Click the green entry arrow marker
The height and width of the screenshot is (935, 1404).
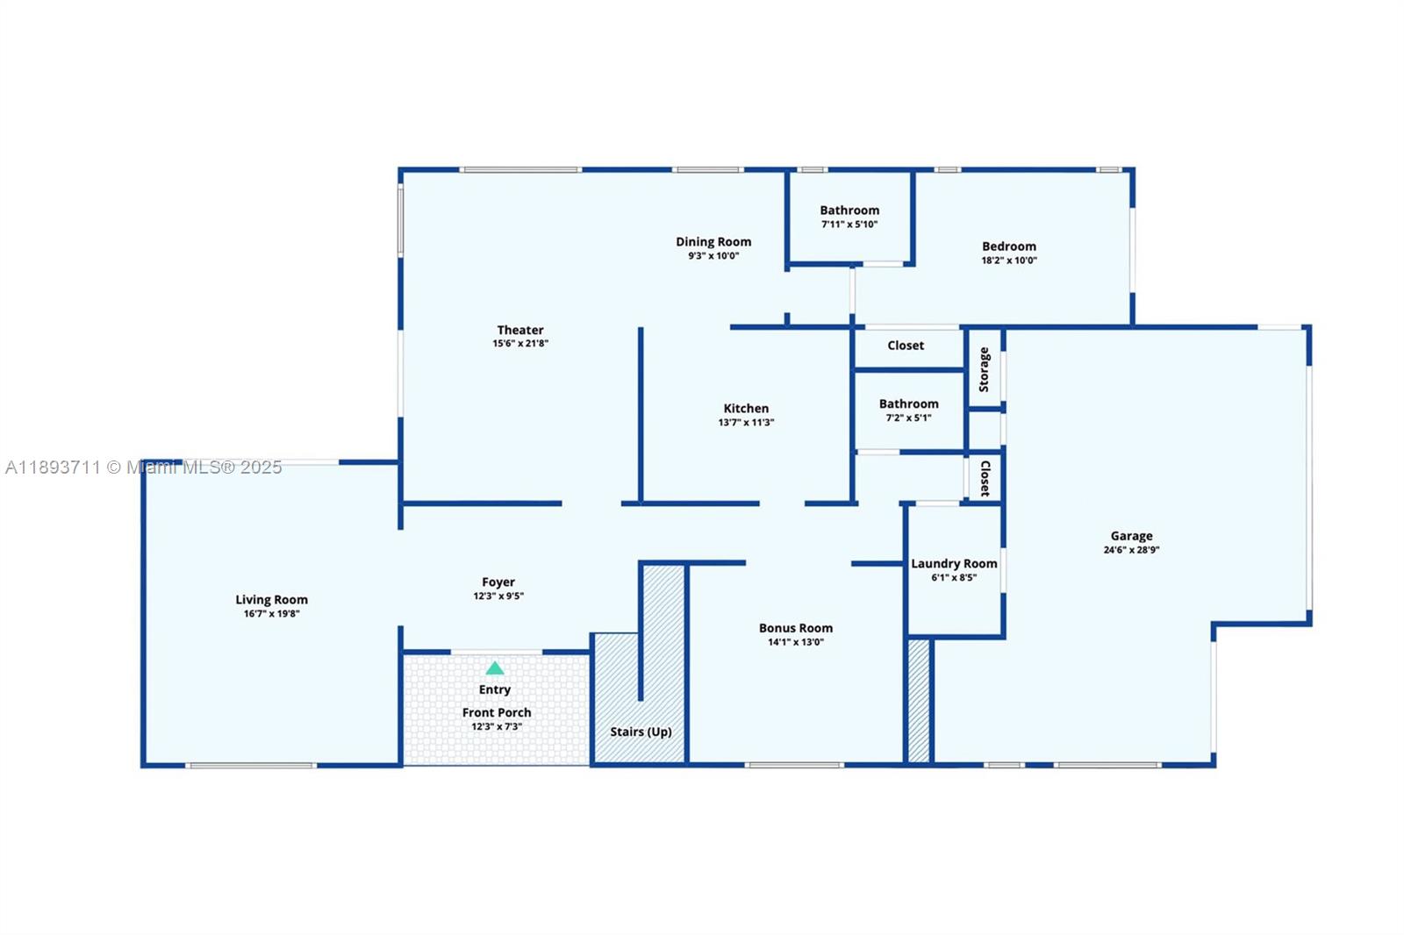(x=495, y=668)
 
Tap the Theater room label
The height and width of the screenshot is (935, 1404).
(x=520, y=330)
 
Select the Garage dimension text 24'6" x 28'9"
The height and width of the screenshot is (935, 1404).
(x=1131, y=550)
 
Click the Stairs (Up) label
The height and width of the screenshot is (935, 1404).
(x=641, y=732)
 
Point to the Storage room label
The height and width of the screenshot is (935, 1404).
(x=985, y=369)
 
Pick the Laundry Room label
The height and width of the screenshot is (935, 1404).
(x=954, y=563)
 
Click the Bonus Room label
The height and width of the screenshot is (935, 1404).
(x=796, y=628)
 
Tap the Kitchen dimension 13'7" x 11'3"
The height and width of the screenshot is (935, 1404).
(x=746, y=422)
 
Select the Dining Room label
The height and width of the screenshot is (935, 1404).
(x=713, y=241)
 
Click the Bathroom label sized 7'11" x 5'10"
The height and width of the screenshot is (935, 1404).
(x=849, y=210)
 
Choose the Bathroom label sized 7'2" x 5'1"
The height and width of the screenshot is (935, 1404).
(x=908, y=403)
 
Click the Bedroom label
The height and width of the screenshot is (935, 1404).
(x=1009, y=246)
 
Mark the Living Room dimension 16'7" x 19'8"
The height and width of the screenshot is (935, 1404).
(x=271, y=613)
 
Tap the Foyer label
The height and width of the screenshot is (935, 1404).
(x=498, y=582)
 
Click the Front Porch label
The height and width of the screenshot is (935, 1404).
(x=497, y=712)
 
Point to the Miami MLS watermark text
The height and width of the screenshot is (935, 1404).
(x=144, y=467)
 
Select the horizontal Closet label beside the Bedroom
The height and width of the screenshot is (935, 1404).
(x=906, y=346)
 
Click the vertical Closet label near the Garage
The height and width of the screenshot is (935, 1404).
(x=985, y=478)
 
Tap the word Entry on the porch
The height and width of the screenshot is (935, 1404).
(x=495, y=689)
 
